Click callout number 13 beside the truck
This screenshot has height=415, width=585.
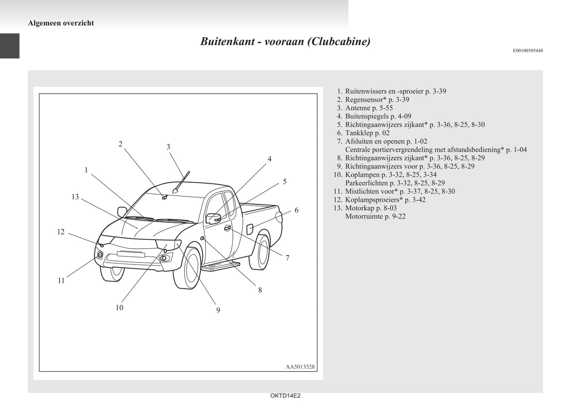click(x=75, y=197)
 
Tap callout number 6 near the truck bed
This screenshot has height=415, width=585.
click(x=296, y=210)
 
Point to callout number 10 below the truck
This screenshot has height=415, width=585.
click(x=119, y=307)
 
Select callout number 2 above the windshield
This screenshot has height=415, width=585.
click(x=120, y=144)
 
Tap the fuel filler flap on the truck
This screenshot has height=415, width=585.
click(x=250, y=229)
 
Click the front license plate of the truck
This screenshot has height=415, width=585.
click(x=131, y=254)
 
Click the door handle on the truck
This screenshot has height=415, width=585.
click(x=228, y=228)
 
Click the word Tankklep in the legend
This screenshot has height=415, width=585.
click(x=360, y=133)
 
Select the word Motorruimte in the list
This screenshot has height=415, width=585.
click(x=364, y=216)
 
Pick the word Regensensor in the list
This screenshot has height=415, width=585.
click(x=366, y=100)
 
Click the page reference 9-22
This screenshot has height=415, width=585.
click(x=399, y=216)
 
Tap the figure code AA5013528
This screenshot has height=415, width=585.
click(x=300, y=367)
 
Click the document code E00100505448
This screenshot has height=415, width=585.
click(x=528, y=51)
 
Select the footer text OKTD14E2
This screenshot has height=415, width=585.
click(x=285, y=396)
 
